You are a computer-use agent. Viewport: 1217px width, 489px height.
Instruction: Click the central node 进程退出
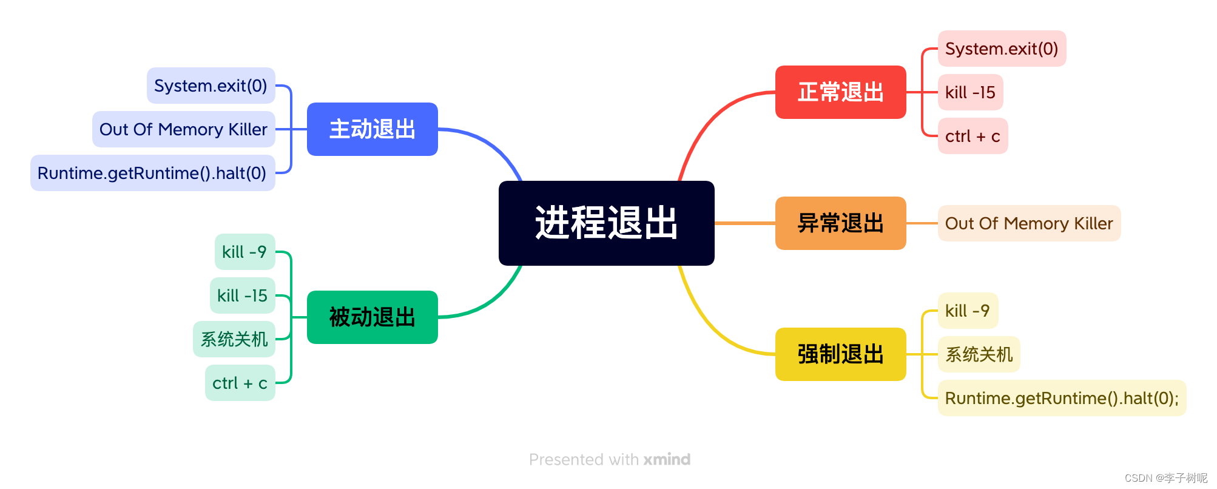click(606, 223)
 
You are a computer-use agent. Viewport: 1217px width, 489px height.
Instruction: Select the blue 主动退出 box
click(372, 129)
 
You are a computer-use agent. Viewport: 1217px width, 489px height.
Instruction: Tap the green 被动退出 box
click(372, 317)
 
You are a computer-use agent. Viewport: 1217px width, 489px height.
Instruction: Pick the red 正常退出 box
click(840, 92)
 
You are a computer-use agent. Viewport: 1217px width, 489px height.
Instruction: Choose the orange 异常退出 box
click(840, 223)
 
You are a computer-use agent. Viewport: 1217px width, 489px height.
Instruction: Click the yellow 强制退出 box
click(840, 354)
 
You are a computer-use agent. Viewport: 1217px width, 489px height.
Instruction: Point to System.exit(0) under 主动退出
click(211, 86)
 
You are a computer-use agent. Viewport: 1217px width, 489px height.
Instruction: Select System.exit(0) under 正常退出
click(1002, 49)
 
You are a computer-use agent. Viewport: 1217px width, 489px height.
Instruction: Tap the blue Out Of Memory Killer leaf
click(183, 129)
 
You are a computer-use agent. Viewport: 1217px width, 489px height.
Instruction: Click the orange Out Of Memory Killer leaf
click(1029, 223)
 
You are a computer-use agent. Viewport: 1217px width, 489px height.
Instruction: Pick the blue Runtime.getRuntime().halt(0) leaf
click(152, 173)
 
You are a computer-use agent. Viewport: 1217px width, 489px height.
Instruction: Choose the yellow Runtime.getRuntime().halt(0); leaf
click(1062, 398)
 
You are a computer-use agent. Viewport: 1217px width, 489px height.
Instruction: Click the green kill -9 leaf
click(244, 252)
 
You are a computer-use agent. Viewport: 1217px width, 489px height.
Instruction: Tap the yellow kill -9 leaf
click(968, 311)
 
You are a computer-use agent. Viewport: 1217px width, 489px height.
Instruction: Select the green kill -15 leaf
click(242, 295)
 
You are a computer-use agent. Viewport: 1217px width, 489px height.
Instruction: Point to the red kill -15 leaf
click(970, 92)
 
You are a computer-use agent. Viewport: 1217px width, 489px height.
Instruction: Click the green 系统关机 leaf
click(234, 339)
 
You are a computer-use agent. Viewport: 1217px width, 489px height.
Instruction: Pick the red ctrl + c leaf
click(973, 136)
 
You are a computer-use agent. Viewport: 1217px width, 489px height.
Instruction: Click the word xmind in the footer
click(667, 459)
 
